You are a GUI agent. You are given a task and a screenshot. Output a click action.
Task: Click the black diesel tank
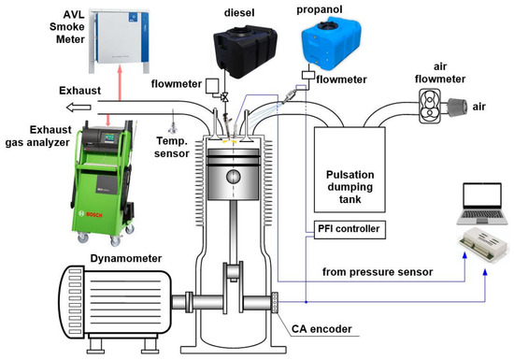(245, 51)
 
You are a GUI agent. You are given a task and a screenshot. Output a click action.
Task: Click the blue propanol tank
(331, 42)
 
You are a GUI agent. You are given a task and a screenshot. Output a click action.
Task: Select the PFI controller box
(350, 229)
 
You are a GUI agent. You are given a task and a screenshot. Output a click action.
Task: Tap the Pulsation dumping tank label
(350, 187)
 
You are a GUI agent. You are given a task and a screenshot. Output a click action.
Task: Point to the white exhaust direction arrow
(79, 108)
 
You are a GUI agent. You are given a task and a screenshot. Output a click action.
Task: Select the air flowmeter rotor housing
(430, 106)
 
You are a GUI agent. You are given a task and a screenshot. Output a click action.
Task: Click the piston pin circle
(234, 177)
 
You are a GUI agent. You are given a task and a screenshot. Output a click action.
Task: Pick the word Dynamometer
(126, 259)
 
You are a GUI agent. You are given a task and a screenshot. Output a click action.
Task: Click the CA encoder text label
(321, 329)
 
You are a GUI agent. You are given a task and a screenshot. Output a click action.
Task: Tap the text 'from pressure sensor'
(378, 272)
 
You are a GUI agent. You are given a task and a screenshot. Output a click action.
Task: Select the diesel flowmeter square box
(212, 86)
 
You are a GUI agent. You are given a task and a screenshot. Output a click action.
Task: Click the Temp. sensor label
(172, 147)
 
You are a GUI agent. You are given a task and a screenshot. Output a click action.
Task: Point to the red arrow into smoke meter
(120, 82)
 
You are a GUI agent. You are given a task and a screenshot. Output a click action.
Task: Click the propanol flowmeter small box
(308, 75)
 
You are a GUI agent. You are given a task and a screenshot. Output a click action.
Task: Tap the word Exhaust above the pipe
(80, 91)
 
